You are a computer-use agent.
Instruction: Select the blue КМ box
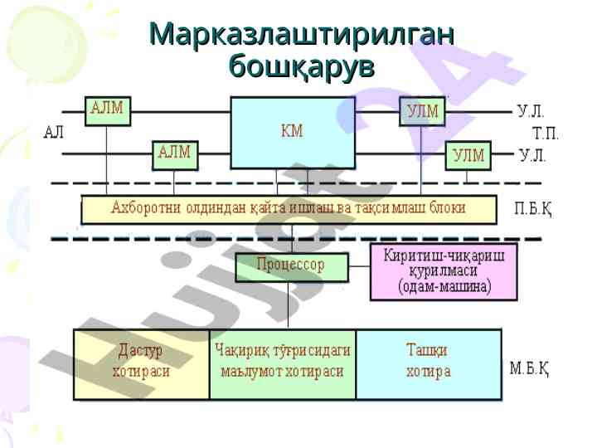(292, 133)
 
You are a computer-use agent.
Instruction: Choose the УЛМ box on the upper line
(423, 111)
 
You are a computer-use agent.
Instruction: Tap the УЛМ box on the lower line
(468, 155)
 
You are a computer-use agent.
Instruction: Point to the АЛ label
(54, 132)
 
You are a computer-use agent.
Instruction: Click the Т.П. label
(545, 133)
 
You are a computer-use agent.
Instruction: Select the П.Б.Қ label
(533, 209)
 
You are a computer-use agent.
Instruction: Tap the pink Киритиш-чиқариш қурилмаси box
(444, 271)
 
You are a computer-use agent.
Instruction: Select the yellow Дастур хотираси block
(141, 364)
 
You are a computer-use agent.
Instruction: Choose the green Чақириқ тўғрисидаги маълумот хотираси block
(282, 364)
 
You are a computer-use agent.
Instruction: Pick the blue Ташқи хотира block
(429, 364)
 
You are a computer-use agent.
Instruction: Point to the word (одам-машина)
(444, 287)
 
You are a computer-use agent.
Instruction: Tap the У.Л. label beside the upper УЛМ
(531, 110)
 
